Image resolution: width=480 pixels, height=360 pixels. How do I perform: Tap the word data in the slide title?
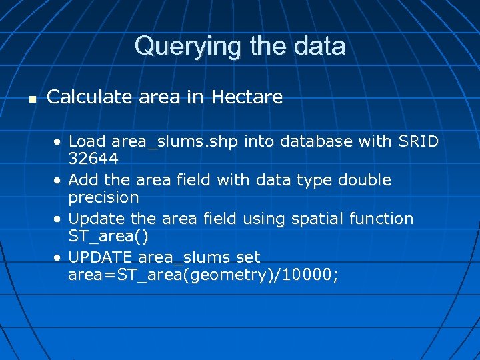(320, 47)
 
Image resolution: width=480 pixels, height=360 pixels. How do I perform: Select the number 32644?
(93, 159)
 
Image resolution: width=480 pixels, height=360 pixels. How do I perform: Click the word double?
(365, 180)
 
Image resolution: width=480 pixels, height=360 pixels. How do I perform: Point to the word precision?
(103, 197)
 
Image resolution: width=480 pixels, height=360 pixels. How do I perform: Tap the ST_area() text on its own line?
(108, 237)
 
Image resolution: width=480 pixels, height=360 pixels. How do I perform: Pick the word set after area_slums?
(247, 257)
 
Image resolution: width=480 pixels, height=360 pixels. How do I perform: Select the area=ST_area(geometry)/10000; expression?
(203, 275)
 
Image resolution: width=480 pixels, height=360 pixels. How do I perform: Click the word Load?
(87, 141)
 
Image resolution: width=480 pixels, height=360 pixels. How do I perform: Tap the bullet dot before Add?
(60, 181)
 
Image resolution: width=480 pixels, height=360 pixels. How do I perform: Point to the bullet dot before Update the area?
(60, 219)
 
